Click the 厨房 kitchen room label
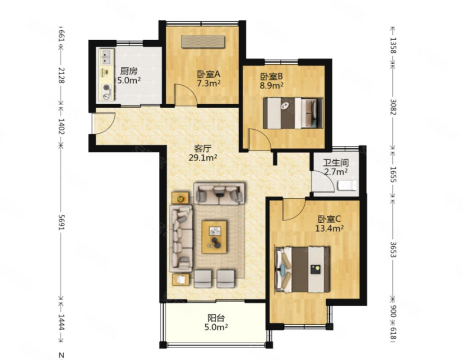pos(129,71)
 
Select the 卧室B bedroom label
pos(272,76)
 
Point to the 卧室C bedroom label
pos(329,219)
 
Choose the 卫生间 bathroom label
pos(336,163)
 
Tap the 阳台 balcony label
pos(216,318)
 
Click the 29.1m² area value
pos(203,158)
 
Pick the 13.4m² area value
pos(329,228)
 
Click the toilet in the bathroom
pos(347,186)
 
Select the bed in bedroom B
pos(293,113)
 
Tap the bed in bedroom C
pos(302,269)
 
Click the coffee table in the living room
pos(214,237)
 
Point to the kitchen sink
pos(106,57)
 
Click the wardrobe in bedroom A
pos(203,42)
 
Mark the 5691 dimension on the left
pos(61,222)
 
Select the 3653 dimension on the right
pos(393,250)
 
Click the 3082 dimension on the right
pos(393,107)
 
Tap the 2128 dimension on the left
pos(61,75)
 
